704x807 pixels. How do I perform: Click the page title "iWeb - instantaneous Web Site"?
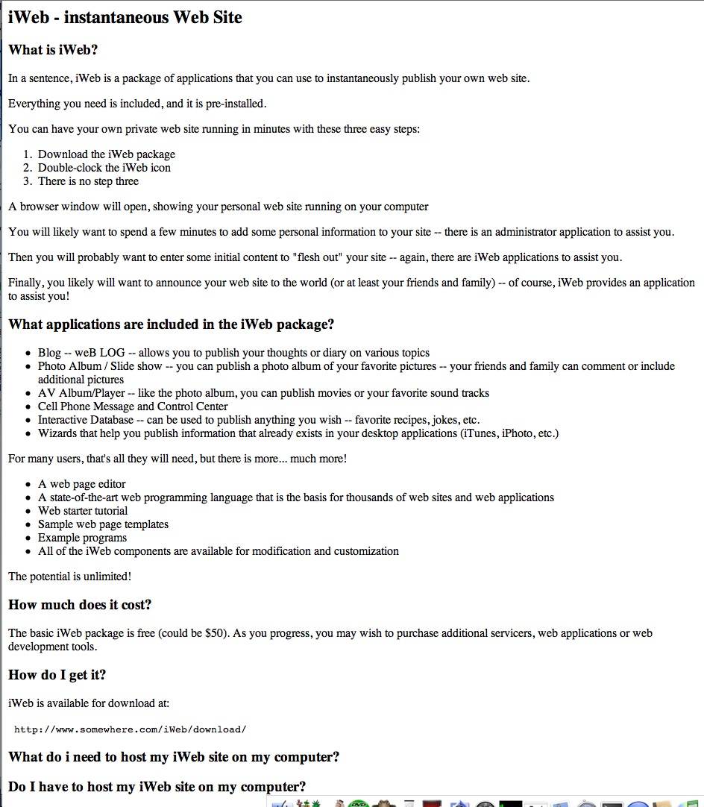coord(125,18)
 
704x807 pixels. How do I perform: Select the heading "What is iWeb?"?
coord(53,50)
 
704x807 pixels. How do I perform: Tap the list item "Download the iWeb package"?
coord(107,154)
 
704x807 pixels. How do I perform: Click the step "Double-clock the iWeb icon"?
coord(104,168)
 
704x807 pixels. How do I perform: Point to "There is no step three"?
coord(88,181)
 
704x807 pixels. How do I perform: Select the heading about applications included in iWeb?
coord(171,324)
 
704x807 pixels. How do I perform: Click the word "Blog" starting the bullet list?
coord(50,353)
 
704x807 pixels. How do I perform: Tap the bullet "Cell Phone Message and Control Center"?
coord(133,406)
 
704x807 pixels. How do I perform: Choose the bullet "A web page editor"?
coord(82,484)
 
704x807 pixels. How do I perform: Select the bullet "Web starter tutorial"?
coord(83,511)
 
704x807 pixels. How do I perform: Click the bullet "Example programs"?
coord(82,538)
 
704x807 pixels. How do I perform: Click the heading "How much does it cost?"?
coord(80,605)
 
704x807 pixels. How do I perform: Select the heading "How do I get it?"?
coord(57,675)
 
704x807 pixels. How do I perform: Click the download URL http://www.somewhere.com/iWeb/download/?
coord(130,729)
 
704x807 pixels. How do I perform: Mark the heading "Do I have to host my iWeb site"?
coord(157,786)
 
